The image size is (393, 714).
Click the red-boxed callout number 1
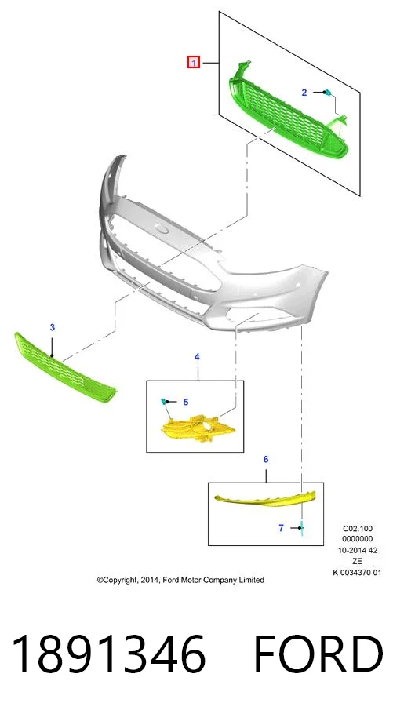coord(194,62)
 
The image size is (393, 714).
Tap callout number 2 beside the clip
coord(304,93)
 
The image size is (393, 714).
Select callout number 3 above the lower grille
coord(53,327)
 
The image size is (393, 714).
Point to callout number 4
coord(197,358)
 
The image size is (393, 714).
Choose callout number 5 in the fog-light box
coord(186,402)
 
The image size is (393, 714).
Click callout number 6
coord(266,460)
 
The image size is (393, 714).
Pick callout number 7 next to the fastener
coord(281,528)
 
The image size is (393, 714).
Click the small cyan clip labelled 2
coord(328,93)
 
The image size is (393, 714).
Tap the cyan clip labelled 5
coord(163,401)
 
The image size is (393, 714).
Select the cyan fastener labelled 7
coord(301,528)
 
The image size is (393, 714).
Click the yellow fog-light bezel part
coord(199,428)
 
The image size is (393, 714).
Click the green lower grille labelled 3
coord(64,367)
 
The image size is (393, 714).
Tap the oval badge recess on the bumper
coord(162,228)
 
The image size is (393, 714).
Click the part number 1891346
coord(108,654)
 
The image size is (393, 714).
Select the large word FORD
coord(318,654)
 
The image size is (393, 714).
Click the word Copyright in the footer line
coord(118,580)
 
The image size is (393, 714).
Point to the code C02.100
coord(358,529)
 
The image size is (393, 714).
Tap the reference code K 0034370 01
coord(357,573)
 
